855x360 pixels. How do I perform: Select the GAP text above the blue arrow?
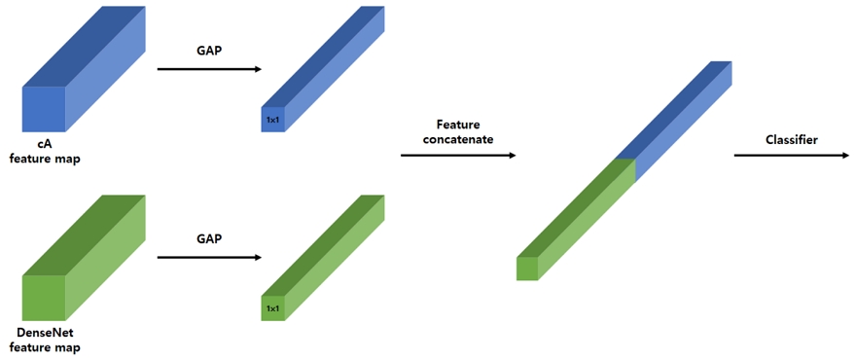click(209, 51)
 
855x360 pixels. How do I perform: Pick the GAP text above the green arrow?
click(209, 238)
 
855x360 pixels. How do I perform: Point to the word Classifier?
click(789, 139)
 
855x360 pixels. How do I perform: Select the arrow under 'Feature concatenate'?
click(458, 154)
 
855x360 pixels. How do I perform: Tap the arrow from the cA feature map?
click(209, 69)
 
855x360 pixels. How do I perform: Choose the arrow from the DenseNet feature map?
click(209, 258)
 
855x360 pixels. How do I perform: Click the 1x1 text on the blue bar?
click(272, 120)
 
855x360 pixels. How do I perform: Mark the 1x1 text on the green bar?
click(272, 308)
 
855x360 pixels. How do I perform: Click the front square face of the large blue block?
click(44, 109)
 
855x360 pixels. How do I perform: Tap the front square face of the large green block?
click(44, 298)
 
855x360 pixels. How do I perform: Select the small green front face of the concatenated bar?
click(527, 269)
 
